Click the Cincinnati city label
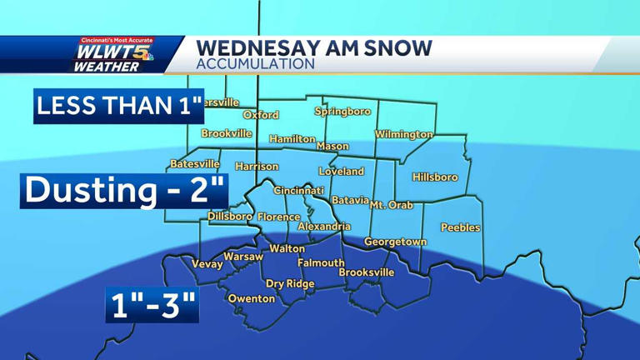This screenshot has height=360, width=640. click(x=299, y=191)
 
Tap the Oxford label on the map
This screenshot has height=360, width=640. click(x=261, y=115)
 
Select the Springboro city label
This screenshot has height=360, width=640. click(x=342, y=111)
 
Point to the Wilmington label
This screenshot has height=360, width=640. click(x=404, y=134)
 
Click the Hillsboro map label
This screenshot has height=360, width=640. click(x=435, y=177)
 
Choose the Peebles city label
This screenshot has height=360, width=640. click(x=460, y=227)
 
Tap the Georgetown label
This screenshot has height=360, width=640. click(x=395, y=242)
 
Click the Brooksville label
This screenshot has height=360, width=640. click(x=367, y=272)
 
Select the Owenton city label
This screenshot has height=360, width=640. click(x=252, y=298)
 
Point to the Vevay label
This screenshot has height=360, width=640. click(x=207, y=264)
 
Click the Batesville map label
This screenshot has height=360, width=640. click(x=195, y=164)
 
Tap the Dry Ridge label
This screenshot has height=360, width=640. click(x=290, y=283)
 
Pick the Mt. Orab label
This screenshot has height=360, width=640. click(x=392, y=204)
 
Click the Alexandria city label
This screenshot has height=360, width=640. click(x=324, y=226)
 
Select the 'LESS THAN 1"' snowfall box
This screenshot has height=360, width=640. click(x=119, y=106)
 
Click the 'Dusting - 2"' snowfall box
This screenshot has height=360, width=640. click(x=124, y=190)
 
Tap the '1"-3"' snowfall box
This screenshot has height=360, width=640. click(x=152, y=306)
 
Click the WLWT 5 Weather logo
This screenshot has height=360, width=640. click(x=116, y=55)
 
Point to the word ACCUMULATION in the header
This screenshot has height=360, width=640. click(x=256, y=63)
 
